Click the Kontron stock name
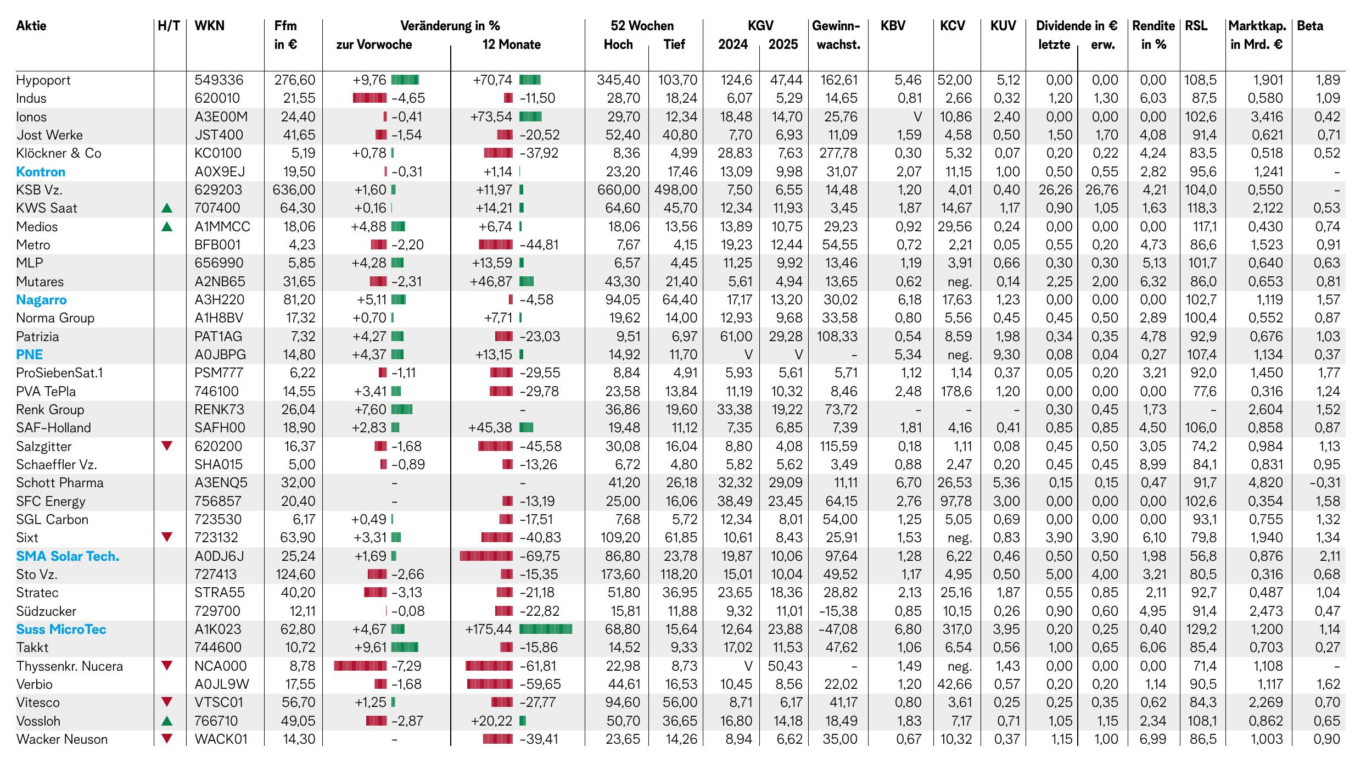(x=41, y=172)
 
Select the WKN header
(x=209, y=26)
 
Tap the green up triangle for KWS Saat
(x=167, y=208)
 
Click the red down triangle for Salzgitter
(x=167, y=446)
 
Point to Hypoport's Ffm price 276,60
(x=295, y=80)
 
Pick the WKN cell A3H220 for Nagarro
(x=219, y=300)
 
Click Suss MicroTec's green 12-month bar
(x=545, y=629)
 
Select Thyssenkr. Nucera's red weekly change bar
(x=360, y=666)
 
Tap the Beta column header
(x=1310, y=26)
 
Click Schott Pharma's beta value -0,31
(x=1325, y=483)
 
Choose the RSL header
(x=1196, y=26)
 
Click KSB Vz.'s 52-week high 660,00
(x=619, y=190)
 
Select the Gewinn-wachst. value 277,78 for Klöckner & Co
(x=838, y=153)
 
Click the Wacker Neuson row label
(x=62, y=739)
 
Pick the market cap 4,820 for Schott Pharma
(x=1267, y=483)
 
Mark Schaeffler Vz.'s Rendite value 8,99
(x=1152, y=465)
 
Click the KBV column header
(x=893, y=26)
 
